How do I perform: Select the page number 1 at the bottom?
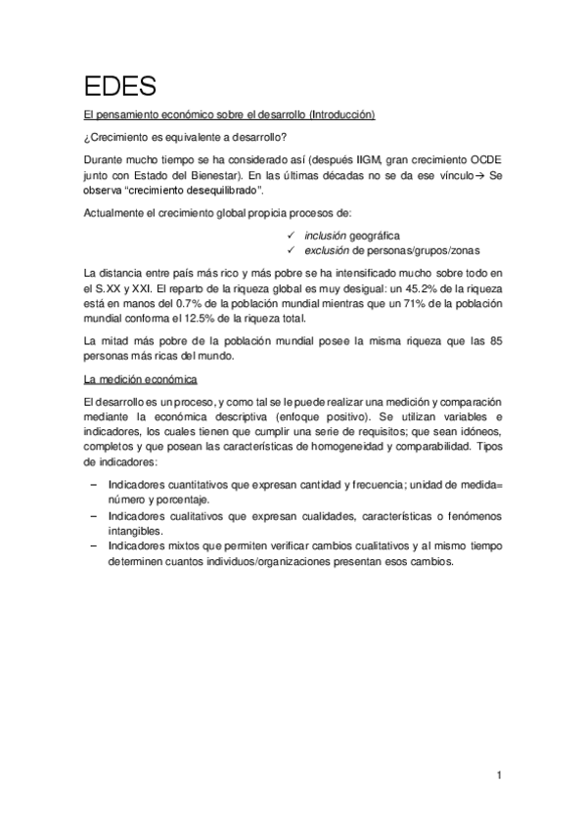click(499, 776)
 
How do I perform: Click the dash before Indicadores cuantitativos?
click(93, 485)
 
